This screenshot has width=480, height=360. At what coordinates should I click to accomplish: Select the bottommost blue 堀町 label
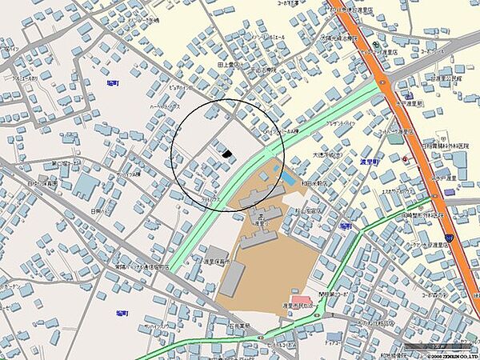click(122, 313)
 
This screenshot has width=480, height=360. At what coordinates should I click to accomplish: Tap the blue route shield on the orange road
click(450, 238)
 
